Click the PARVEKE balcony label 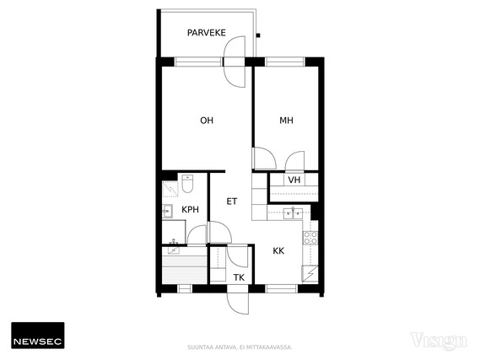[x=207, y=33]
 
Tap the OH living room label [x=207, y=121]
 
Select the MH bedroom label [x=286, y=121]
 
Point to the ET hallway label [x=232, y=201]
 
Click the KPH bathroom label [x=190, y=210]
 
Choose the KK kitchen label [x=278, y=251]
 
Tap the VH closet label [x=294, y=180]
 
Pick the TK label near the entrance [x=239, y=277]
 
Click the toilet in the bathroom [x=187, y=184]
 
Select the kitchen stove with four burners [x=310, y=238]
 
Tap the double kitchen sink [x=293, y=213]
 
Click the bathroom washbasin [x=167, y=211]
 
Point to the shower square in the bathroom [x=170, y=189]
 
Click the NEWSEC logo [x=38, y=336]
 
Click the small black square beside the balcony [x=258, y=35]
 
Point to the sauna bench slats [x=185, y=270]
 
